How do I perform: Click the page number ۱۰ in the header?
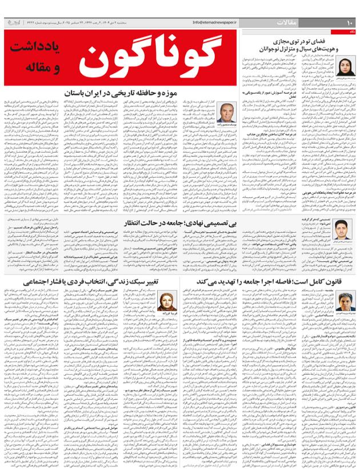pyautogui.click(x=350, y=22)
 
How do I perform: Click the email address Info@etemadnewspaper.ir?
pyautogui.click(x=221, y=22)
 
